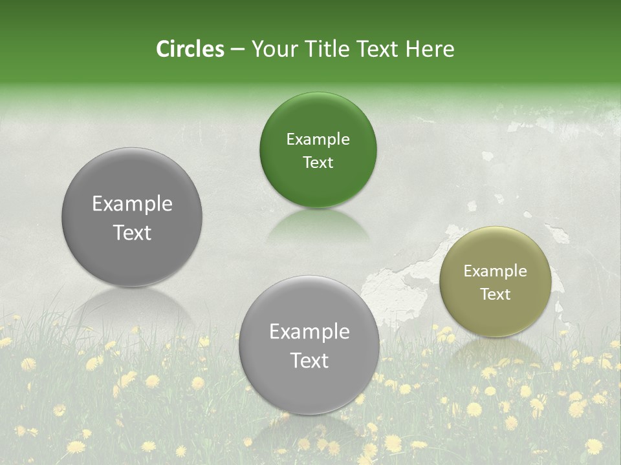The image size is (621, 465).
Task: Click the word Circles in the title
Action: click(x=190, y=49)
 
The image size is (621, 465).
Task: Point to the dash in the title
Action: click(x=237, y=50)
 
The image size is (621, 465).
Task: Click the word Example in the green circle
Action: click(x=318, y=139)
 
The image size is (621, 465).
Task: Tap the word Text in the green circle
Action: click(x=318, y=162)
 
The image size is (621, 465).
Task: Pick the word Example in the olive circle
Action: click(x=495, y=271)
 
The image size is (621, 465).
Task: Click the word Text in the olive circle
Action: click(x=495, y=294)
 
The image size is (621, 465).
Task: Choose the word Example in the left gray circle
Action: click(x=132, y=204)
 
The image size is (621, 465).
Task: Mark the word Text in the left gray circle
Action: click(x=132, y=232)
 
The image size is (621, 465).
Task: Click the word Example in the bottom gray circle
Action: click(x=309, y=332)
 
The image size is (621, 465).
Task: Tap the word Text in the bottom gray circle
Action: click(x=309, y=360)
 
